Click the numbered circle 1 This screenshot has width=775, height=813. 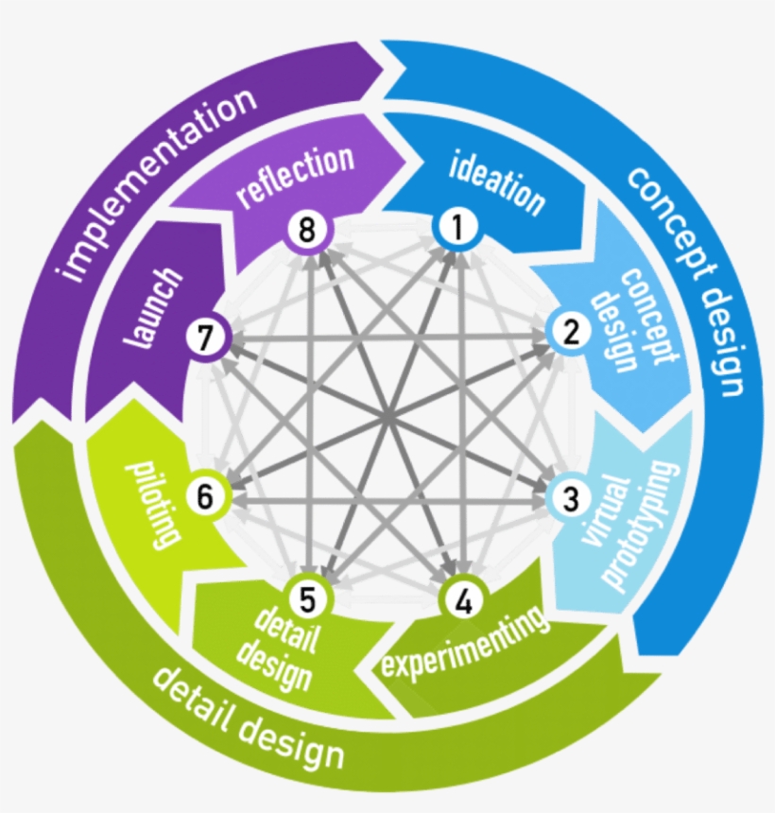point(458,228)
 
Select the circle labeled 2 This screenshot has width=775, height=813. point(571,332)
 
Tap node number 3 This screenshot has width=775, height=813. point(570,497)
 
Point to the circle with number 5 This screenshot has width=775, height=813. point(313,598)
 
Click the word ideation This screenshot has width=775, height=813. point(497,182)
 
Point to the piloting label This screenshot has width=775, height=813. point(150,502)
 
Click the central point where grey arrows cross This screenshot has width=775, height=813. point(387,415)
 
